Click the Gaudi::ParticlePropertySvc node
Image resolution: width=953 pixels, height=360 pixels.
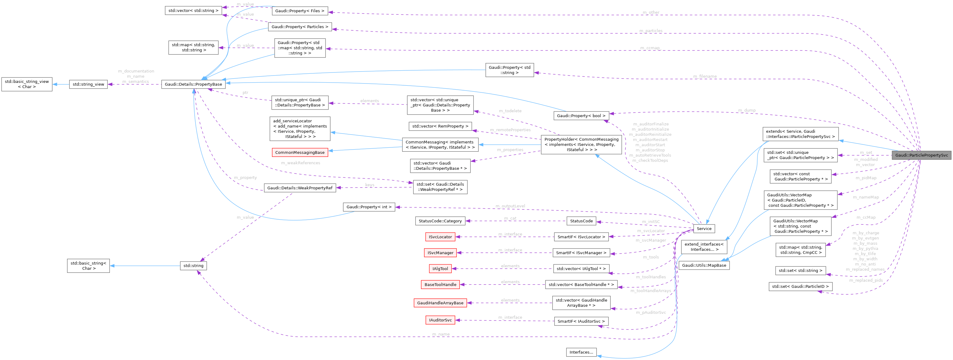[921, 155]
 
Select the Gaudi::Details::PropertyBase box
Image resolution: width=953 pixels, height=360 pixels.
[193, 84]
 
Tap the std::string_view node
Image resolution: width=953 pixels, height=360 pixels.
[88, 84]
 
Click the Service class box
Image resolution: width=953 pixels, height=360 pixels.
[704, 229]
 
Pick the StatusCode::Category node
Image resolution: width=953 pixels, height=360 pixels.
[440, 221]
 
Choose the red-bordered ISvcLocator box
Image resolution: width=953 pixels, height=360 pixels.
[440, 237]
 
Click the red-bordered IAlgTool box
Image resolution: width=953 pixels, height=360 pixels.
[440, 269]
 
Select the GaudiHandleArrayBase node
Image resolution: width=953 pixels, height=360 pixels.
[440, 303]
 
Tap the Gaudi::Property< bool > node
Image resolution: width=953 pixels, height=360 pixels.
[581, 116]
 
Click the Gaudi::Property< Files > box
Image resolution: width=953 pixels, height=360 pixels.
[300, 11]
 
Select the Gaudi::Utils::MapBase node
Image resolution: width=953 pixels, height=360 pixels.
[704, 265]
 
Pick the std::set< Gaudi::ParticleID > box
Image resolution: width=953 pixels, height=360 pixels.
[801, 286]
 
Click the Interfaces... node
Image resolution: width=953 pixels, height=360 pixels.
[581, 352]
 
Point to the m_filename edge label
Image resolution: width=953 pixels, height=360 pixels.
[705, 76]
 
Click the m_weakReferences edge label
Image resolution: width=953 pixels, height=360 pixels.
[300, 163]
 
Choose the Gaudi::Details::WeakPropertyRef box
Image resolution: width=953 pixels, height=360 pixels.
[300, 188]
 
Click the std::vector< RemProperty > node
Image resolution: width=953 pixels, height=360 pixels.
[440, 126]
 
